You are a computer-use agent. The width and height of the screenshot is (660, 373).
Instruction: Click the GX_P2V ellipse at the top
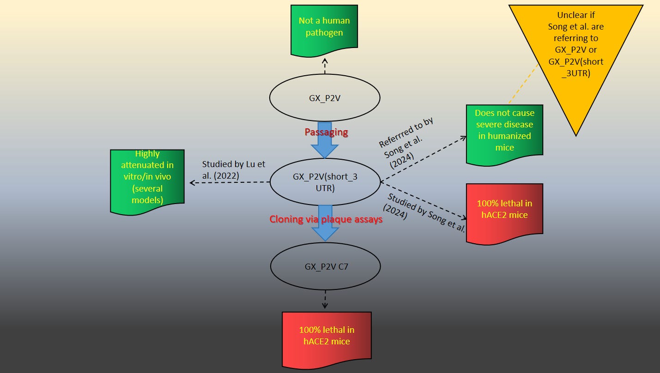point(325,98)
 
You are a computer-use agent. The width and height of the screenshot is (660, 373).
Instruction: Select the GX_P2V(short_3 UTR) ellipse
point(325,182)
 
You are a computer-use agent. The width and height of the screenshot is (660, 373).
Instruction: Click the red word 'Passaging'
point(326,132)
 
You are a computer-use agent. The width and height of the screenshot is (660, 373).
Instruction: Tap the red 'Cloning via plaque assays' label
point(326,219)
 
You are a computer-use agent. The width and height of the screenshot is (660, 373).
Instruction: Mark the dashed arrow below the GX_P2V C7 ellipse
point(325,299)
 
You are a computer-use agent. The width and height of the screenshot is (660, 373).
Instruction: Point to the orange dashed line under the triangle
point(524,83)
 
